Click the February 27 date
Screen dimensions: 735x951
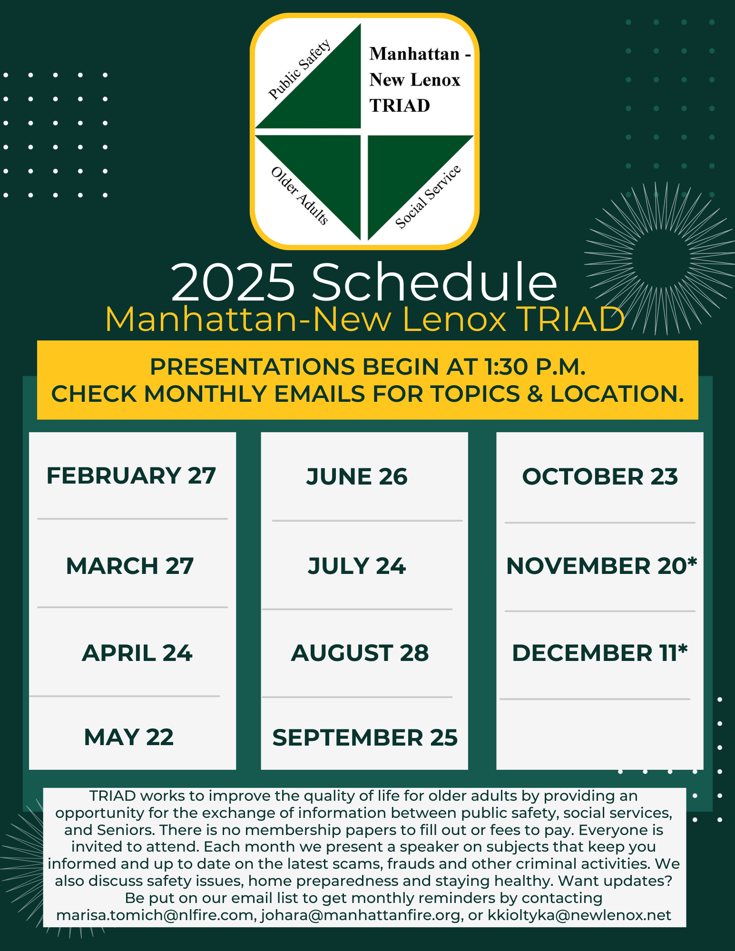pyautogui.click(x=131, y=475)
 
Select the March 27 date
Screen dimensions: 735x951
pyautogui.click(x=130, y=566)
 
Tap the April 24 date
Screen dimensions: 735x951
pyautogui.click(x=137, y=653)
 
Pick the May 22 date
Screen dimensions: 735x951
pyautogui.click(x=129, y=737)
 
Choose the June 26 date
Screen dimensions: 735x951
pyautogui.click(x=357, y=476)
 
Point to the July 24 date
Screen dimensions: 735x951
pyautogui.click(x=357, y=566)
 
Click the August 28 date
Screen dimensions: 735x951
pyautogui.click(x=360, y=653)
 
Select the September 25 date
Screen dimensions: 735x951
pyautogui.click(x=365, y=738)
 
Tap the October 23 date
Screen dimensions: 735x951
pyautogui.click(x=600, y=476)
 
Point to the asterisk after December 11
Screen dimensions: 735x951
pyautogui.click(x=683, y=649)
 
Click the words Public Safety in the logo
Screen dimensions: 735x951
pyautogui.click(x=300, y=69)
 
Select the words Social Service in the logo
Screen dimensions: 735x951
pyautogui.click(x=428, y=197)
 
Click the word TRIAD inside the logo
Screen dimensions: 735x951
pyautogui.click(x=400, y=106)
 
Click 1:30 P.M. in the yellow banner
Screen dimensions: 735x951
pyautogui.click(x=535, y=367)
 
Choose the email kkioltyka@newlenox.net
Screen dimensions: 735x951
pyautogui.click(x=579, y=915)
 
